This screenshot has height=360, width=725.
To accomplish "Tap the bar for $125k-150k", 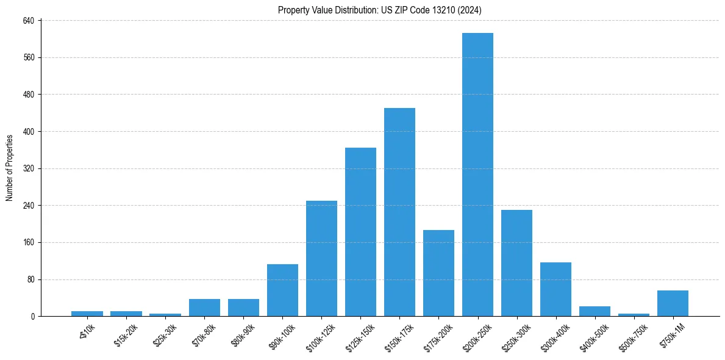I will (360, 232).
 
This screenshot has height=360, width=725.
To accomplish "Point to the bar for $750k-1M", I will (673, 303).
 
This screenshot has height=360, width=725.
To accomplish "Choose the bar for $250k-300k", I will (516, 263).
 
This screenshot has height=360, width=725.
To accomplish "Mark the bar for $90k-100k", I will (282, 290).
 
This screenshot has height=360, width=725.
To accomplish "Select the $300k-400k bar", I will (555, 289).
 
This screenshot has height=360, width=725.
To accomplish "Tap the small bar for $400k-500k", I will (595, 311).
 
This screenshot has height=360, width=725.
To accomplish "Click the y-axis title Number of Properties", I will (10, 168).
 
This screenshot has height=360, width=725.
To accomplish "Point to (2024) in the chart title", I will (470, 10).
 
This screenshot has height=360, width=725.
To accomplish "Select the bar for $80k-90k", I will (243, 308).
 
